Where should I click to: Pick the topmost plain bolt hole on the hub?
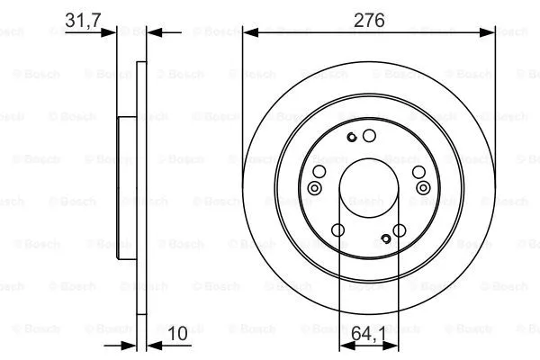tap(368, 136)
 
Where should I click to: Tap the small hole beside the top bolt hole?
tap(351, 137)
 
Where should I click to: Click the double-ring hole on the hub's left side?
tap(314, 188)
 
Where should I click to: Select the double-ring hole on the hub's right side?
tap(422, 188)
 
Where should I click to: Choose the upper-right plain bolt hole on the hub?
tap(418, 174)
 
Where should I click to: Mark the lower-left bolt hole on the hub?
tap(337, 231)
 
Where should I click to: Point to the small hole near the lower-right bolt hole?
tap(385, 238)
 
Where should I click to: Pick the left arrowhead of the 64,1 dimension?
tap(343, 345)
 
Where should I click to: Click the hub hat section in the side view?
tap(126, 189)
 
